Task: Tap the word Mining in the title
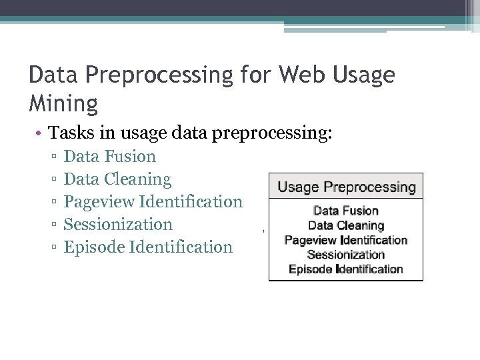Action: click(63, 103)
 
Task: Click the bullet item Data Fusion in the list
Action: click(109, 157)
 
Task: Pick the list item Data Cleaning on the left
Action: click(117, 179)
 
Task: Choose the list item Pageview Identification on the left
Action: click(153, 202)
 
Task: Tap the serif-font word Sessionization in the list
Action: click(118, 225)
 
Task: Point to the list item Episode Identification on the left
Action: click(148, 247)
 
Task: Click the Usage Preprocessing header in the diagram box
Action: click(346, 187)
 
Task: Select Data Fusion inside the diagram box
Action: click(346, 211)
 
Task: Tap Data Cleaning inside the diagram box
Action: click(346, 226)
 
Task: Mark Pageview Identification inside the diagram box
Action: click(346, 240)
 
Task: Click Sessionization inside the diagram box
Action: click(346, 255)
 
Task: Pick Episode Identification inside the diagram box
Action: click(346, 269)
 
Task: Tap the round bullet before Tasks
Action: click(40, 133)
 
